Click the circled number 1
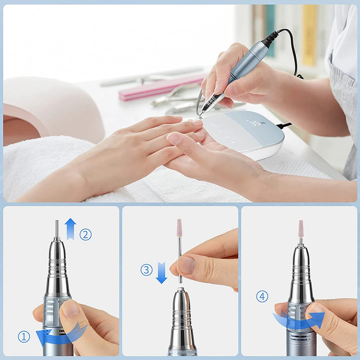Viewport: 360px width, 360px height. pos(24,337)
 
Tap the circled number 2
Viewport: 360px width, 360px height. pos(85,235)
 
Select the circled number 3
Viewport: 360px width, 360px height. pos(147,270)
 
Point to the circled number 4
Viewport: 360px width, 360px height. pos(262,296)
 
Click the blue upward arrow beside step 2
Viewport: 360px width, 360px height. pos(70,229)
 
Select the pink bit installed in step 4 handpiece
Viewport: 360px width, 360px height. pos(301,228)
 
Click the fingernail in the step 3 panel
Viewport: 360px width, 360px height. pos(187,265)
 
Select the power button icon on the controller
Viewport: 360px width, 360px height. pos(214,126)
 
